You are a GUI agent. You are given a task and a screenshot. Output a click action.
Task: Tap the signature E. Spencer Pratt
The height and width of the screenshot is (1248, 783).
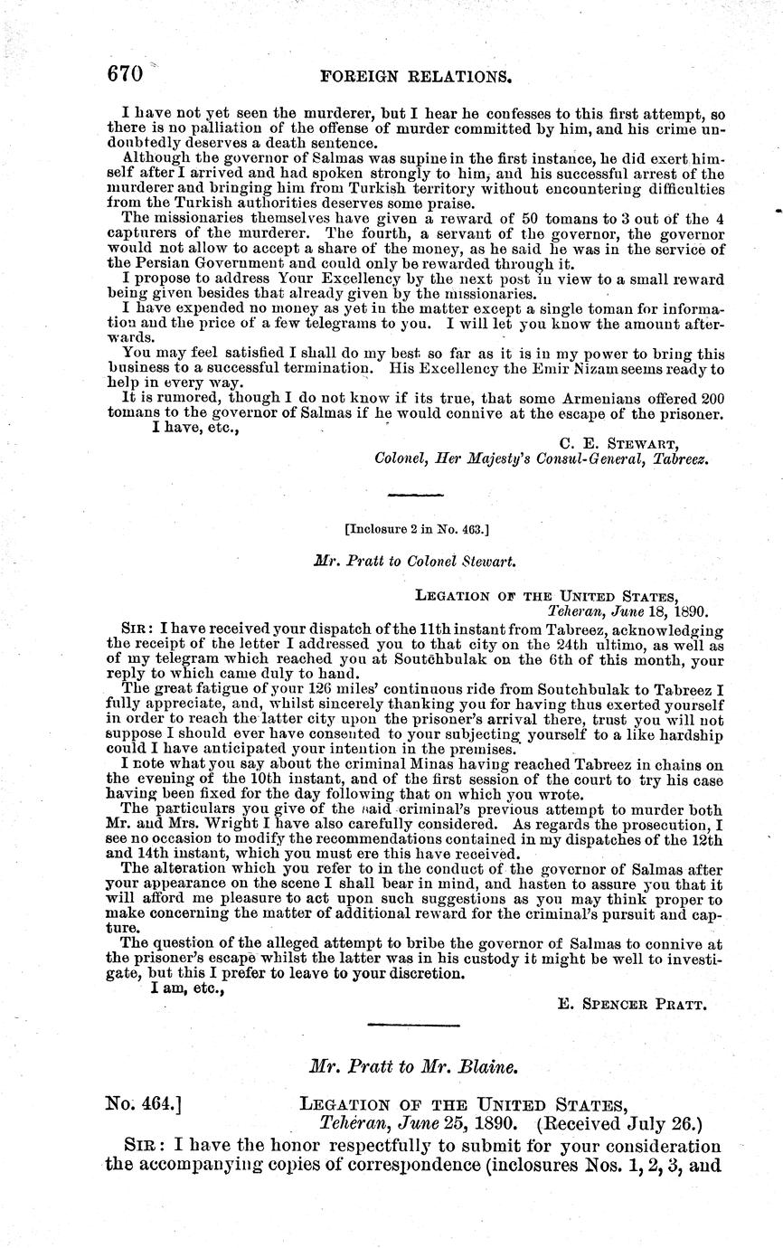[x=633, y=1003]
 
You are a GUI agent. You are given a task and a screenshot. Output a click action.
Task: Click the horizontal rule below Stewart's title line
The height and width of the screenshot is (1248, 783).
[x=415, y=496]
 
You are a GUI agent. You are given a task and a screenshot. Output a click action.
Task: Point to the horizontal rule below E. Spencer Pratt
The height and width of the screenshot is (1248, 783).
[x=415, y=1024]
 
